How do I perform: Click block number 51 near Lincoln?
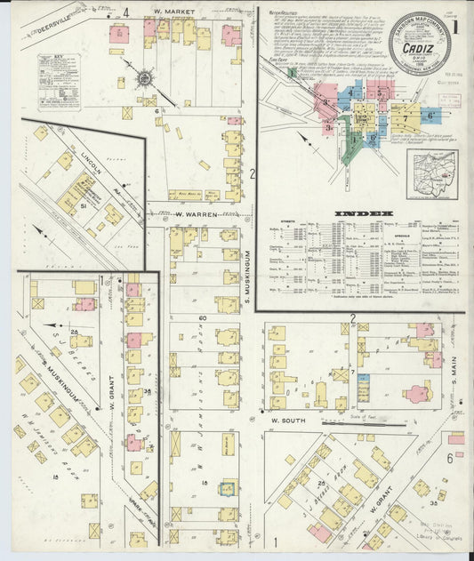click(x=83, y=205)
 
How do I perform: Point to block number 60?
click(x=202, y=317)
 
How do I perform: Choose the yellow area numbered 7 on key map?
click(x=406, y=116)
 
